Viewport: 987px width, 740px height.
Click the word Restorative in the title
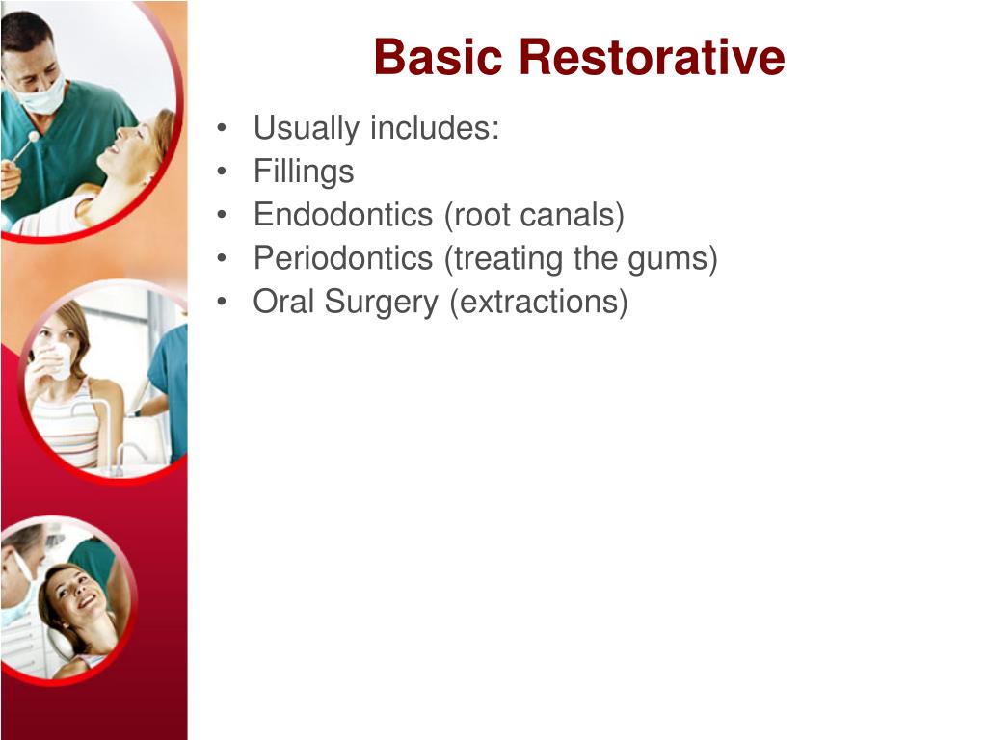click(x=652, y=58)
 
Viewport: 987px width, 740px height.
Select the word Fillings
click(x=304, y=172)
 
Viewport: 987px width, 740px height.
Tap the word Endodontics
click(x=343, y=215)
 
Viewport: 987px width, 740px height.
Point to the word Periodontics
click(x=343, y=258)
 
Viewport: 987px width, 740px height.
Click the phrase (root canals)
click(x=534, y=215)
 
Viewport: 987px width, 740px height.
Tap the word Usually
click(x=306, y=128)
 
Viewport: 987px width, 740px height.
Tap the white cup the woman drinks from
click(x=59, y=362)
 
